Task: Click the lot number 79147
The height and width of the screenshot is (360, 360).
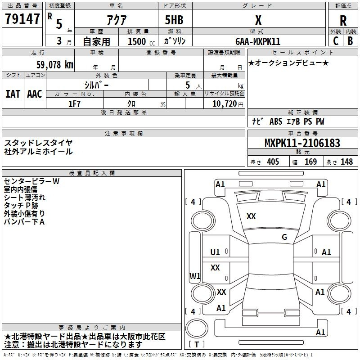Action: (22, 19)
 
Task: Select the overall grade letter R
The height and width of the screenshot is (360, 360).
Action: (343, 20)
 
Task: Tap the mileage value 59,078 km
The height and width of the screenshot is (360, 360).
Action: (55, 65)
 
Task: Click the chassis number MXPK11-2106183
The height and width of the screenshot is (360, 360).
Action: (302, 143)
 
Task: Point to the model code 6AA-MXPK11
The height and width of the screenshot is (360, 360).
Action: (258, 41)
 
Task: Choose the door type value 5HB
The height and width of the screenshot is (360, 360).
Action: (174, 20)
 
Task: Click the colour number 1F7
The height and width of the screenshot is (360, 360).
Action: (74, 104)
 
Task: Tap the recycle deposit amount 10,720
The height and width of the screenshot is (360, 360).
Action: (225, 104)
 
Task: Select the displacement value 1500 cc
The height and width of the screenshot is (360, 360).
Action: (141, 41)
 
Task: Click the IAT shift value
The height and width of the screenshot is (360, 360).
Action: (13, 94)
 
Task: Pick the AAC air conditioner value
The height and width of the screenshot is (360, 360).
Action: (35, 94)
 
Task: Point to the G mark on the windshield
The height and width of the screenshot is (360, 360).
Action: (284, 237)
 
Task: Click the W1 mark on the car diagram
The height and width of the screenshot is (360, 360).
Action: (195, 276)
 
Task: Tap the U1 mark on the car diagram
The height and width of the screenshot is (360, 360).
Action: (215, 252)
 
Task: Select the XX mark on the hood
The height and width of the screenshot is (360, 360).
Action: (251, 216)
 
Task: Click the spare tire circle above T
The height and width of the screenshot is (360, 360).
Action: (197, 328)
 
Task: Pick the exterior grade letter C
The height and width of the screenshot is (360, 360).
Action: (336, 41)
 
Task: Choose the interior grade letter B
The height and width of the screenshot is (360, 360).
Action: (350, 41)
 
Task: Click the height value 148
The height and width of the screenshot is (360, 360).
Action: (346, 162)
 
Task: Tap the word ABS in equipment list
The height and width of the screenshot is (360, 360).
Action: (276, 121)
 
